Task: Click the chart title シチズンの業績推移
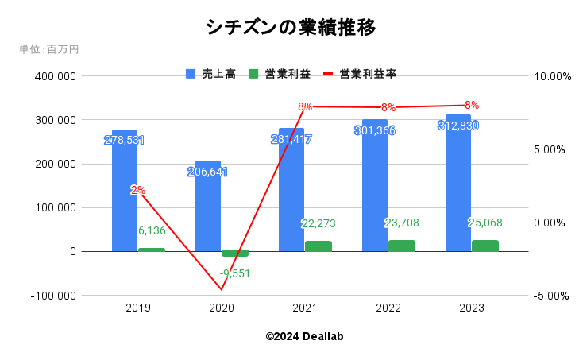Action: (x=290, y=27)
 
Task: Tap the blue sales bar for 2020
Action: (x=208, y=207)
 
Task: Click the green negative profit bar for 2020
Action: (x=235, y=254)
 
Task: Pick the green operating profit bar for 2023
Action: (x=484, y=246)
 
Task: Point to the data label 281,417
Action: (x=291, y=139)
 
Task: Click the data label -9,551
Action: (x=235, y=273)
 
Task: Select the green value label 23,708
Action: (x=402, y=223)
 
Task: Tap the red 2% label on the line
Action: (x=137, y=190)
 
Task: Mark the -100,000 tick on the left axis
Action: (x=54, y=295)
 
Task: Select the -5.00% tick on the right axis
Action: (x=553, y=296)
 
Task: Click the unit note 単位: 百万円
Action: (x=48, y=49)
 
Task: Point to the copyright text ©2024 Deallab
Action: (x=304, y=336)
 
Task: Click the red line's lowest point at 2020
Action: (x=222, y=290)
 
